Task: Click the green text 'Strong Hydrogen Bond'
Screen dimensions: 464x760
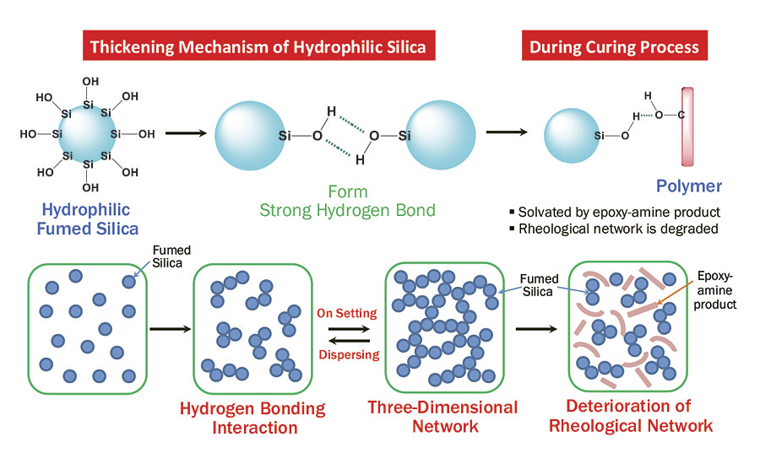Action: click(348, 210)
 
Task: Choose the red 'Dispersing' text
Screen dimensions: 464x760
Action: click(349, 354)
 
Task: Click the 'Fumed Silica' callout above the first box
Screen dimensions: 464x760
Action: click(171, 255)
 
